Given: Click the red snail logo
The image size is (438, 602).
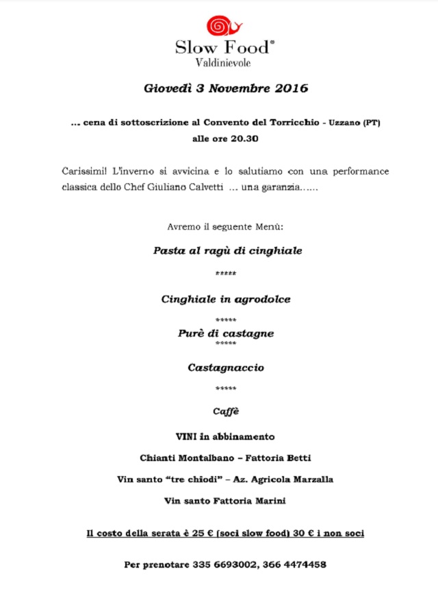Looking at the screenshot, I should click(224, 25).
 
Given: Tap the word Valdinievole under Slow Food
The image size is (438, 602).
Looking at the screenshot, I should click(224, 63).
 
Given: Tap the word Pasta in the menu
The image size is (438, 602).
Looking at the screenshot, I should click(168, 251).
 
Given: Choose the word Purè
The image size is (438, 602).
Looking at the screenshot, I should click(191, 334).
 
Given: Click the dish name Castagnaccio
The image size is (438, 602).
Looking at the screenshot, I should click(226, 368).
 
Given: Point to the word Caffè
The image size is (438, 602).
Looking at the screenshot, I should click(226, 413).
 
